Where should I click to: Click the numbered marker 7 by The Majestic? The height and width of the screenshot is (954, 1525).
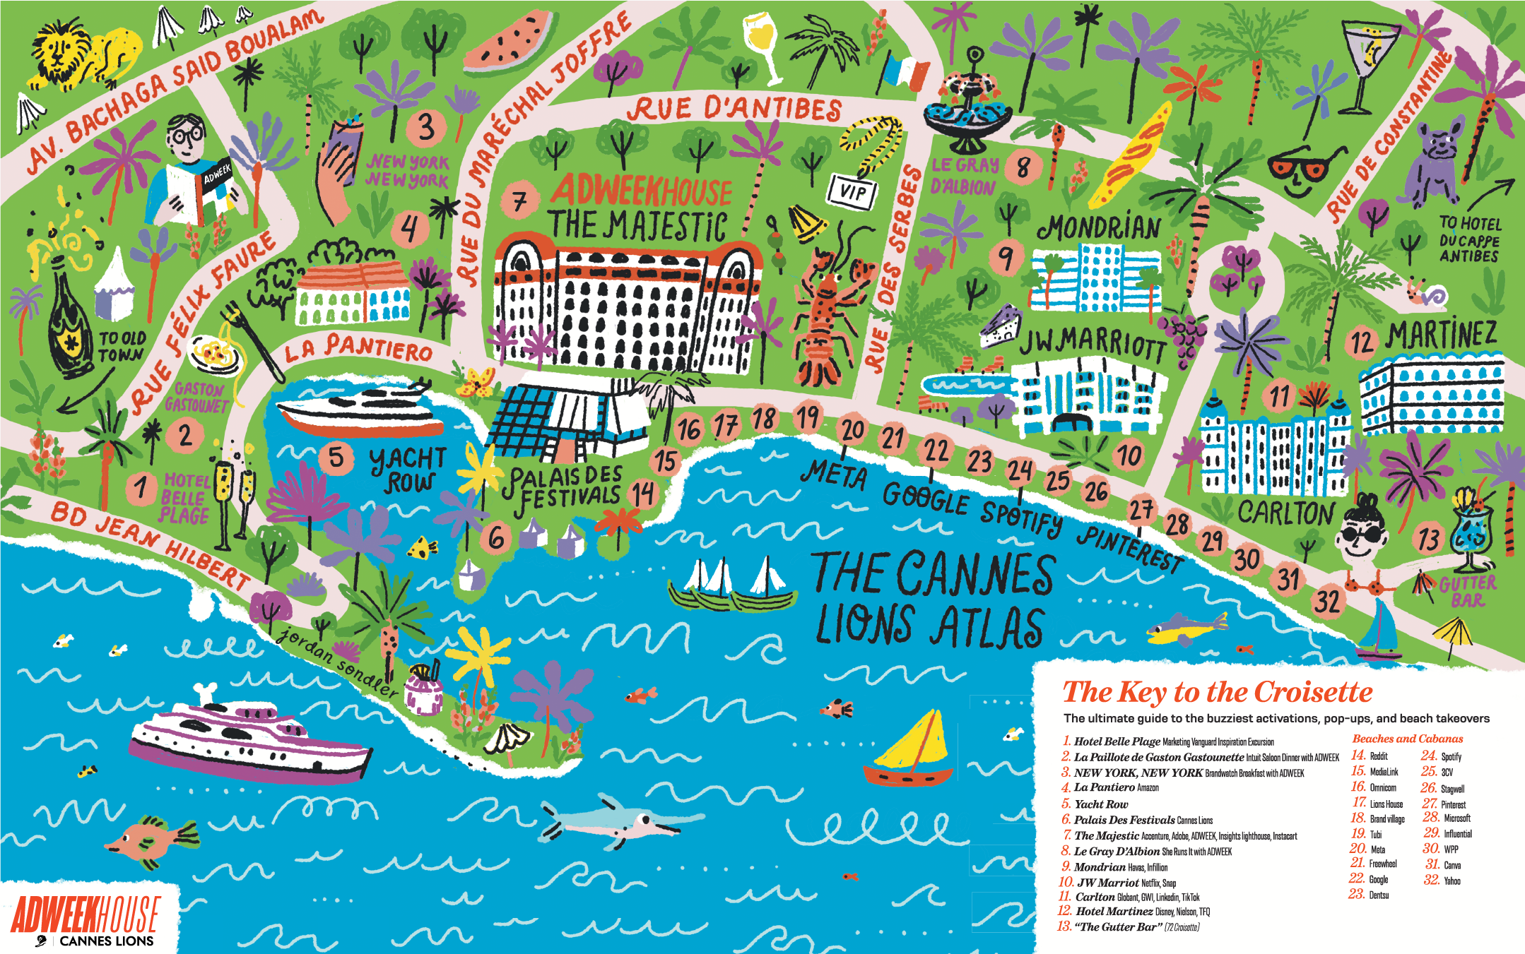point(519,201)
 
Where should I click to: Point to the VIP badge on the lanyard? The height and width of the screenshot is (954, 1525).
point(853,191)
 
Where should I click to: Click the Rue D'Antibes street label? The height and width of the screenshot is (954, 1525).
point(735,109)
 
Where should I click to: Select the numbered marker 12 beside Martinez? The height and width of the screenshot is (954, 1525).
point(1361,342)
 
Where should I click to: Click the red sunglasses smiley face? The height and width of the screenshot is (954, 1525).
point(1297,173)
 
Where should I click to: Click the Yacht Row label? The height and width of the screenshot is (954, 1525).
point(408,470)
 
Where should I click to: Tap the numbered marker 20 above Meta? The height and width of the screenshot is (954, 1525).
point(853,429)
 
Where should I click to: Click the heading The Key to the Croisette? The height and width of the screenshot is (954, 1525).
point(1217,692)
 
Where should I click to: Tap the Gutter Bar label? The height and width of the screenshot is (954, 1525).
point(1468,592)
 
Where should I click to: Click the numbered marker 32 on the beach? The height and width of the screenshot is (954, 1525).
point(1326,602)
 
